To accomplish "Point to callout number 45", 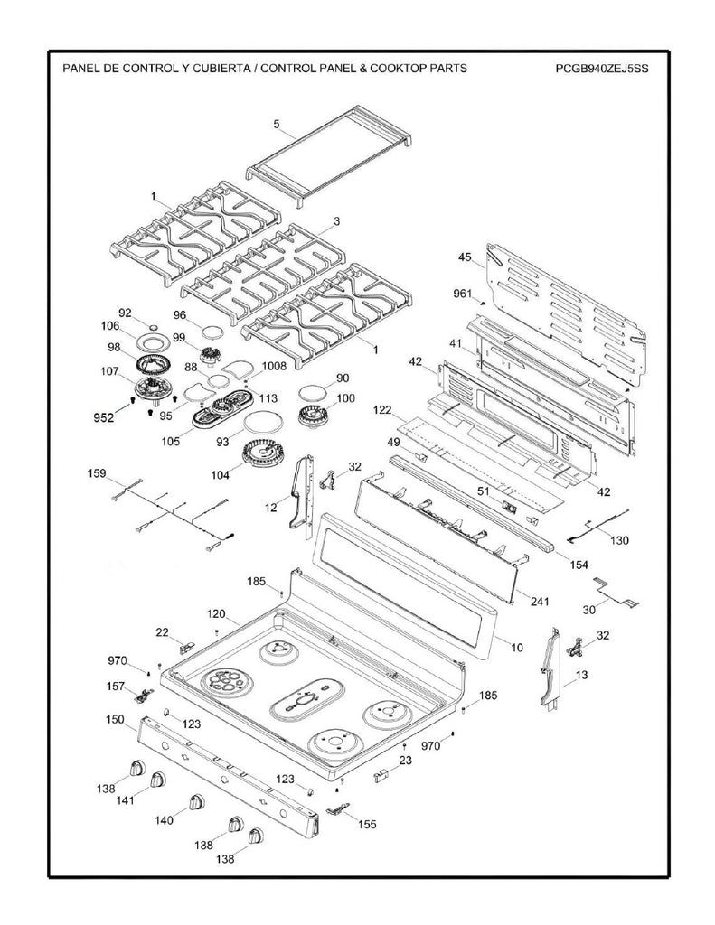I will click(x=466, y=257).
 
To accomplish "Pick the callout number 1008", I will click(x=274, y=367).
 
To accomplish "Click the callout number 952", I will click(x=104, y=418).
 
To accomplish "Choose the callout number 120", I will click(x=214, y=614).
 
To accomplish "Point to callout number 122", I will click(x=383, y=411).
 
